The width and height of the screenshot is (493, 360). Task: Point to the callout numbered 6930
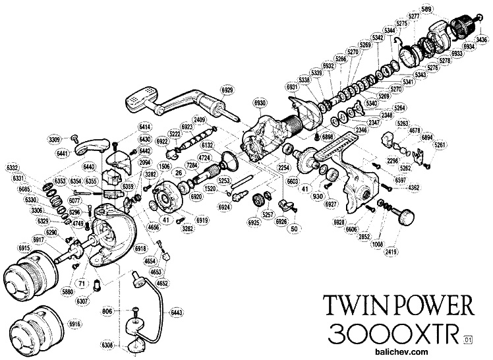(x=260, y=104)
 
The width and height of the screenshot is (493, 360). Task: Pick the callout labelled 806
(x=109, y=311)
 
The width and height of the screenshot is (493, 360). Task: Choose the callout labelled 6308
(x=109, y=345)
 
